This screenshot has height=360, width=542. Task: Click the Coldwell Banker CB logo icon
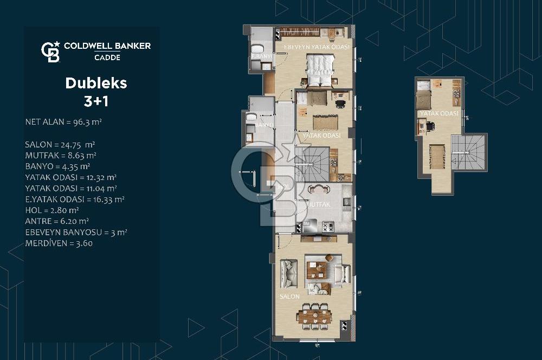pos(50,52)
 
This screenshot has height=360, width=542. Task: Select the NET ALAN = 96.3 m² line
pos(63,122)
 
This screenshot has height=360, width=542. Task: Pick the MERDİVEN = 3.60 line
pos(59,243)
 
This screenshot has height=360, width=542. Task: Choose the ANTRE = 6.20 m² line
pos(57,221)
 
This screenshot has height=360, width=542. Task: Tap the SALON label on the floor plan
pos(289,297)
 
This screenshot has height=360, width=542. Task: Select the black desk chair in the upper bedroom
pos(430,126)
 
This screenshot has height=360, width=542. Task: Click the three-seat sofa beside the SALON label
pos(287,274)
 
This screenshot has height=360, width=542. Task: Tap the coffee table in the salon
pos(318,269)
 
